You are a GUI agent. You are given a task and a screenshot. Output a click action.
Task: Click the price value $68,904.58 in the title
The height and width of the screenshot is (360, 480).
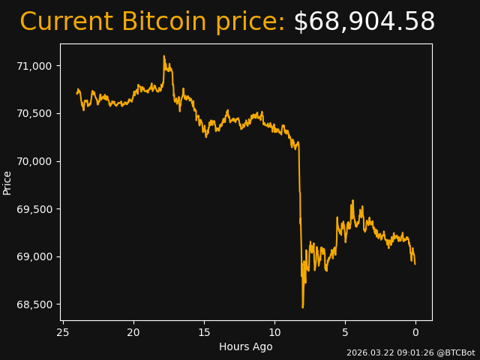click(364, 22)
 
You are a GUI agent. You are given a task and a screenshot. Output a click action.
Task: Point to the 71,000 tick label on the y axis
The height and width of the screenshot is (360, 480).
click(34, 66)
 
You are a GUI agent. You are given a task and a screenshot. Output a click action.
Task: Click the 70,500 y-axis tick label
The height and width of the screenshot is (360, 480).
click(34, 113)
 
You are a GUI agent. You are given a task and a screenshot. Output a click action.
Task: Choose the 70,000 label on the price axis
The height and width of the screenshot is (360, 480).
click(34, 161)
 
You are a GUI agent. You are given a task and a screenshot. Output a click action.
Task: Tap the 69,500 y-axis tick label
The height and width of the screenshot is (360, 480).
click(34, 209)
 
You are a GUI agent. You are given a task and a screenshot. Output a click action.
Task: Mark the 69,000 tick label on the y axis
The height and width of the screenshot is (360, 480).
click(34, 256)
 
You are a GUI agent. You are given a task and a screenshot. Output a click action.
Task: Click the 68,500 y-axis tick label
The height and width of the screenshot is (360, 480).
click(34, 304)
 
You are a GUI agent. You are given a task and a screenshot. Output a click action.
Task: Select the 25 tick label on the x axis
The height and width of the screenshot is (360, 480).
click(63, 332)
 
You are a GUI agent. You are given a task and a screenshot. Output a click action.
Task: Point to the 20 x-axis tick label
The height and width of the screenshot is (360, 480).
click(133, 332)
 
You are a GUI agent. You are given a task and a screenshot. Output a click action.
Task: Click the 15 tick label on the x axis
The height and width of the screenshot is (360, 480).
click(204, 332)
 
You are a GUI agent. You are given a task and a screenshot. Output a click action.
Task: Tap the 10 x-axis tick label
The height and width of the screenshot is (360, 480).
click(274, 332)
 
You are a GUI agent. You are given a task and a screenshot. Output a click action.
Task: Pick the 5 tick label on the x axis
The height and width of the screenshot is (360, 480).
click(345, 332)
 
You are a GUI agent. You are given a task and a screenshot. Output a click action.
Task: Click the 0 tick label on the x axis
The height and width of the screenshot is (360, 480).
click(415, 332)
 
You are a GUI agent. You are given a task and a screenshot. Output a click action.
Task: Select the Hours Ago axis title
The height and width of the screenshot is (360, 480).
click(246, 346)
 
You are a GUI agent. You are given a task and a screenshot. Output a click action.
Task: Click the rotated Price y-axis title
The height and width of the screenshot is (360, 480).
click(7, 182)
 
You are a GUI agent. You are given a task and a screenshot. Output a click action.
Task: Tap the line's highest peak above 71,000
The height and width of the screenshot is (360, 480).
click(163, 56)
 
